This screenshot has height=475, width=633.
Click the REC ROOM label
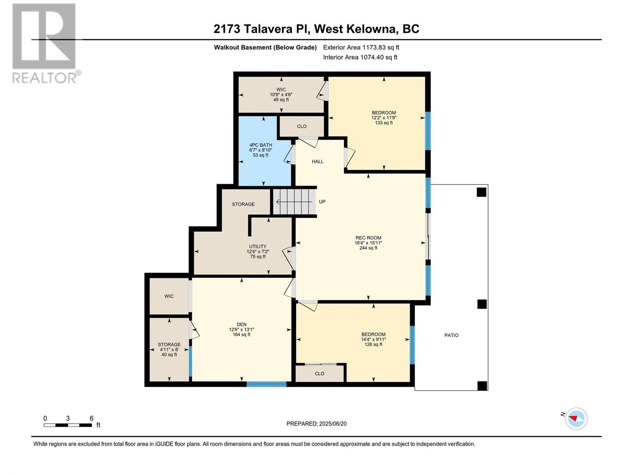(368, 243)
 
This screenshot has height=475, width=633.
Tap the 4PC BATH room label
(260, 150)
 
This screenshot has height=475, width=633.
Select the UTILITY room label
(258, 251)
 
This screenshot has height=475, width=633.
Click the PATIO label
(451, 335)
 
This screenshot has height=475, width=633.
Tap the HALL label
(317, 161)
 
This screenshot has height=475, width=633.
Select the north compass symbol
(576, 418)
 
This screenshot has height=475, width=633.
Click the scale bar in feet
(68, 425)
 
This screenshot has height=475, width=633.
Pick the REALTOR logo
(44, 44)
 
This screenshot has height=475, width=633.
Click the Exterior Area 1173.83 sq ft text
(361, 47)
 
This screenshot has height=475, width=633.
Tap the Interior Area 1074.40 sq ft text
(360, 57)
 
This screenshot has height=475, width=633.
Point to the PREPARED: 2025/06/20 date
(316, 424)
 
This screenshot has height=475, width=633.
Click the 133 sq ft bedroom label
(383, 118)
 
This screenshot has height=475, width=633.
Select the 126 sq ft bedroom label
(373, 339)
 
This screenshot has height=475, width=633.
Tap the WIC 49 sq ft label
(281, 94)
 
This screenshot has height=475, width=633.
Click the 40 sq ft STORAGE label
(169, 349)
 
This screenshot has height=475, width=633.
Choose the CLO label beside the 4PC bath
(301, 126)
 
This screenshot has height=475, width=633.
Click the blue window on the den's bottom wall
(266, 384)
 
